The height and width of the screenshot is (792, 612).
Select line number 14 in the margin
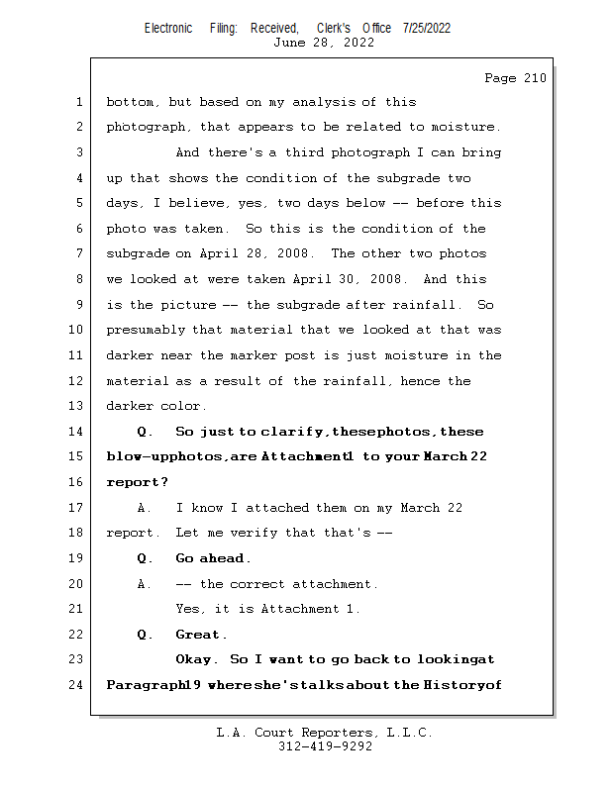78,432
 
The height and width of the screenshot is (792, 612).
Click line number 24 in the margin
78,684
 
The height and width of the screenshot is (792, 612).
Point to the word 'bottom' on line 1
130,102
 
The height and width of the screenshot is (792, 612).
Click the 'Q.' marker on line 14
146,432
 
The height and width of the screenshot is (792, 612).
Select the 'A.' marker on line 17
146,508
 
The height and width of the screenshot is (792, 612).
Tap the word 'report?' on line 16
137,483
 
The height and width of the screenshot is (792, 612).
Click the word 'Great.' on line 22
201,635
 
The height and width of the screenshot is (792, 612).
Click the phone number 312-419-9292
324,746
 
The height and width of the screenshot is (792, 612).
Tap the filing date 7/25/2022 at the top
427,28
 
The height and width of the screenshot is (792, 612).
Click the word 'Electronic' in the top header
168,28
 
